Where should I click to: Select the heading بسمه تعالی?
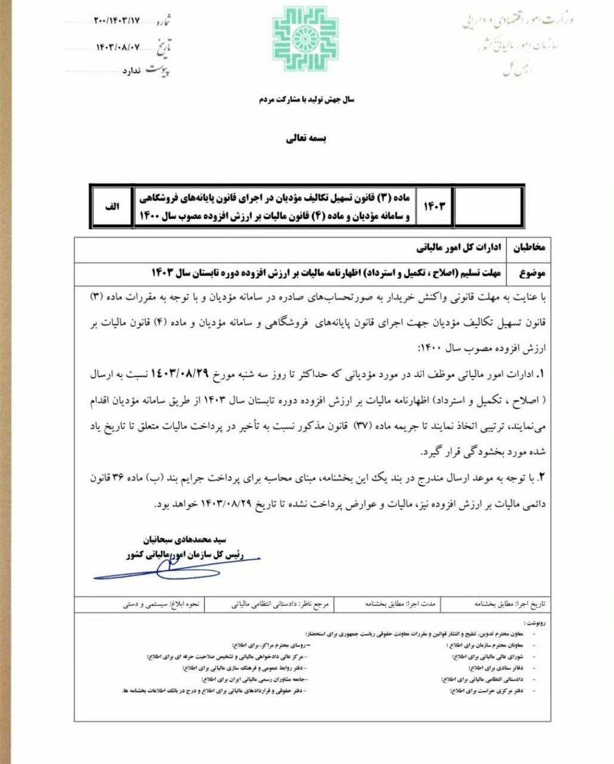point(306,138)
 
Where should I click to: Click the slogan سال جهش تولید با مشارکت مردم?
point(306,100)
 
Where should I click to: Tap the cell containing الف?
point(112,206)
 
